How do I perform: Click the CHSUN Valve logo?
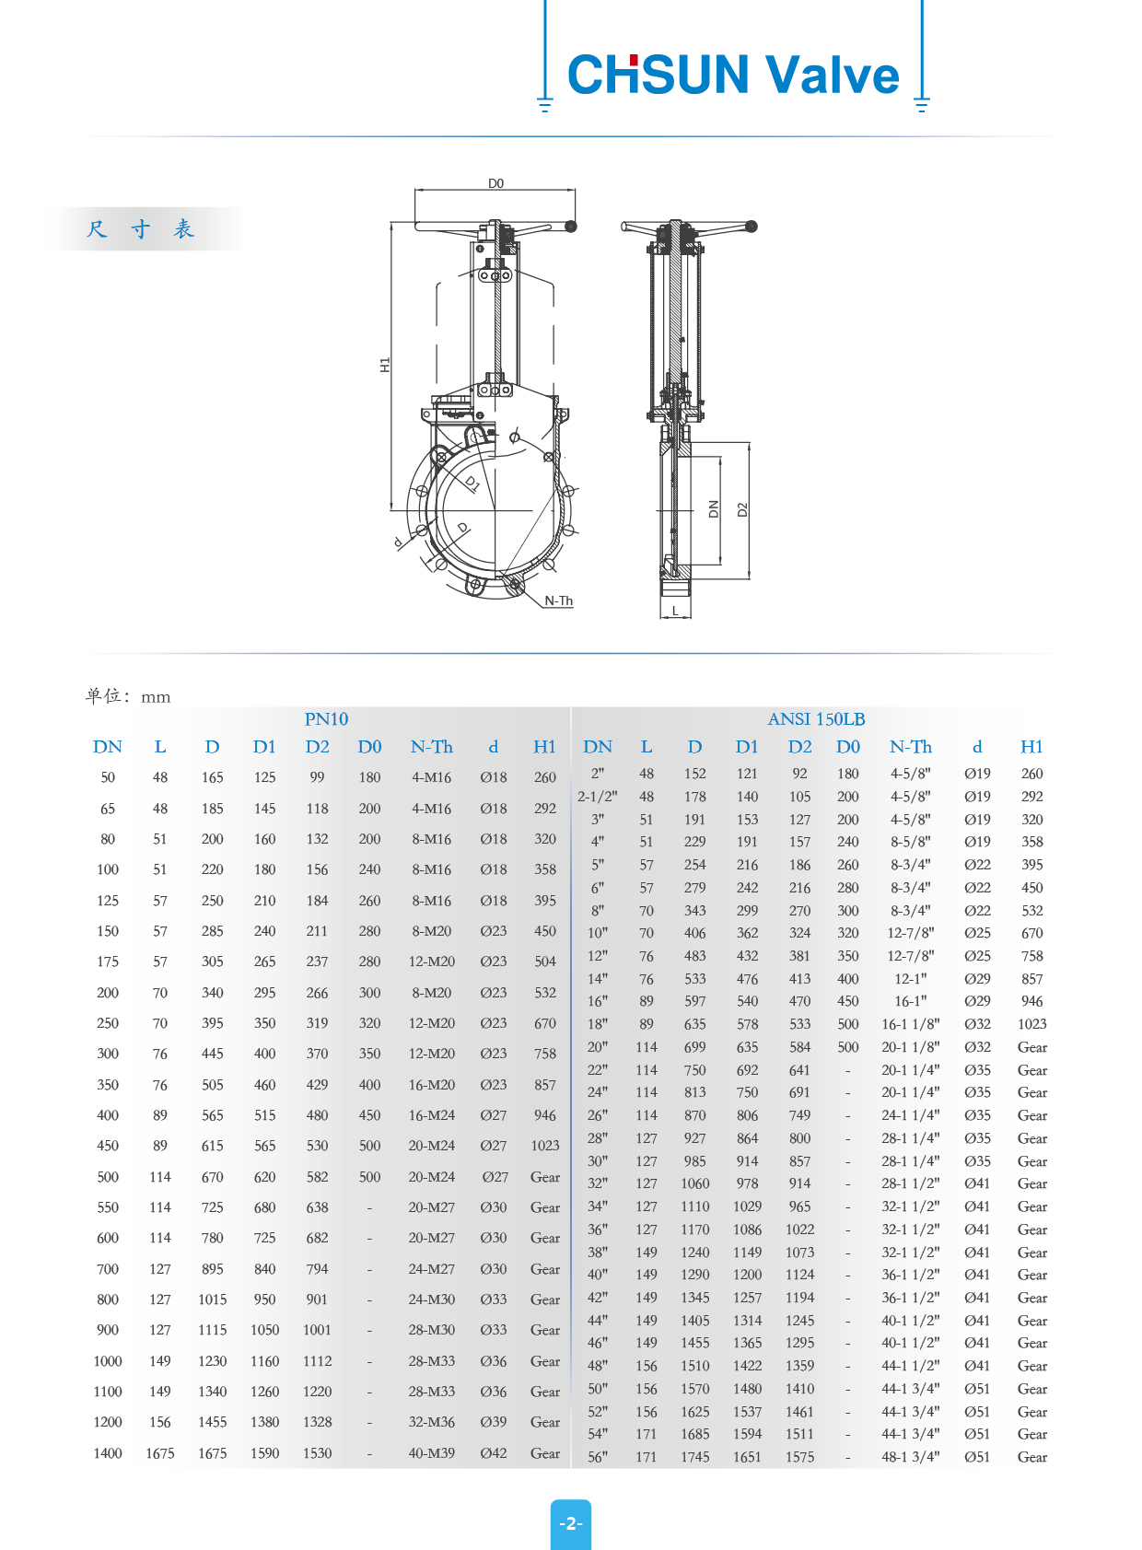tap(733, 75)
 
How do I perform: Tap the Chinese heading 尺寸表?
tap(141, 229)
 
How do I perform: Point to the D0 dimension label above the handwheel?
tap(495, 183)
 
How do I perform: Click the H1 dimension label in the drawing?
tap(385, 365)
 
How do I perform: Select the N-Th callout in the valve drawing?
tap(558, 600)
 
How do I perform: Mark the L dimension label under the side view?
tap(675, 611)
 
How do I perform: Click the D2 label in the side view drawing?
tap(742, 509)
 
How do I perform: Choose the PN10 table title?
tap(326, 719)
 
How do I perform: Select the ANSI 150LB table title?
tap(816, 719)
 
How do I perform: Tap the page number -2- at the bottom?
tap(571, 1523)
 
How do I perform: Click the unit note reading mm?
tap(156, 697)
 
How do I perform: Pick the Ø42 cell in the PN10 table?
tap(494, 1453)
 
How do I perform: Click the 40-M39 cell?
tap(431, 1453)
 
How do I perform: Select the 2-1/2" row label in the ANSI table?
tap(598, 797)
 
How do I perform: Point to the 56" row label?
tap(598, 1457)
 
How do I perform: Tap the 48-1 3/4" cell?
tap(910, 1457)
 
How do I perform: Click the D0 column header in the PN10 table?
tap(369, 747)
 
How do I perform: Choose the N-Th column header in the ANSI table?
tap(910, 747)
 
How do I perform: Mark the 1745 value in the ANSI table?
tap(695, 1457)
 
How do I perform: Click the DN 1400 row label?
tap(108, 1453)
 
